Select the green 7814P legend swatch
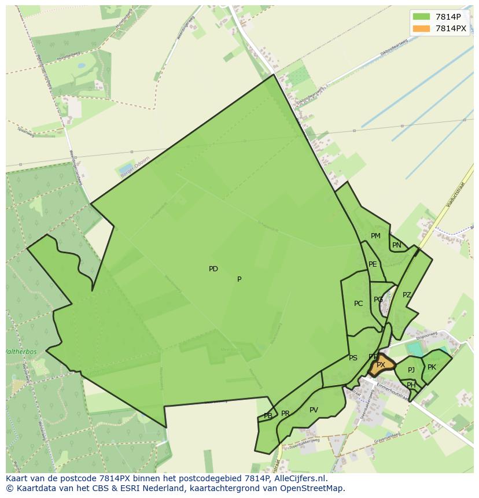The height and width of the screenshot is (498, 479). click(x=421, y=17)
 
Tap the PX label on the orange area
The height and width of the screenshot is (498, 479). click(x=381, y=365)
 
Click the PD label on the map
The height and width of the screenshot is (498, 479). click(x=213, y=269)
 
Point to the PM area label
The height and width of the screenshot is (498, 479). click(x=375, y=236)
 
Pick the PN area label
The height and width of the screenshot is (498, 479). click(x=396, y=245)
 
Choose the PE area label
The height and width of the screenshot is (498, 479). click(x=373, y=264)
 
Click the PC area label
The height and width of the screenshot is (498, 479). click(x=359, y=304)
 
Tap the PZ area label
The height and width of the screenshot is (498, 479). click(x=407, y=295)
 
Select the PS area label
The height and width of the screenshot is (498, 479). click(x=353, y=358)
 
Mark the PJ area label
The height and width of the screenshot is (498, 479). click(x=411, y=370)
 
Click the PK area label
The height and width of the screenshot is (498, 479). click(x=432, y=367)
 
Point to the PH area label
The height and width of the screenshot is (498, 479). click(x=411, y=385)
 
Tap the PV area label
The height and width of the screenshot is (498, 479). click(x=314, y=410)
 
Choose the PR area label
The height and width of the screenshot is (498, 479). click(x=285, y=414)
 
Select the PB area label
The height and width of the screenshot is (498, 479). click(x=268, y=416)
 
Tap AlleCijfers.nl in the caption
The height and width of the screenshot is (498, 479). click(x=299, y=478)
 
